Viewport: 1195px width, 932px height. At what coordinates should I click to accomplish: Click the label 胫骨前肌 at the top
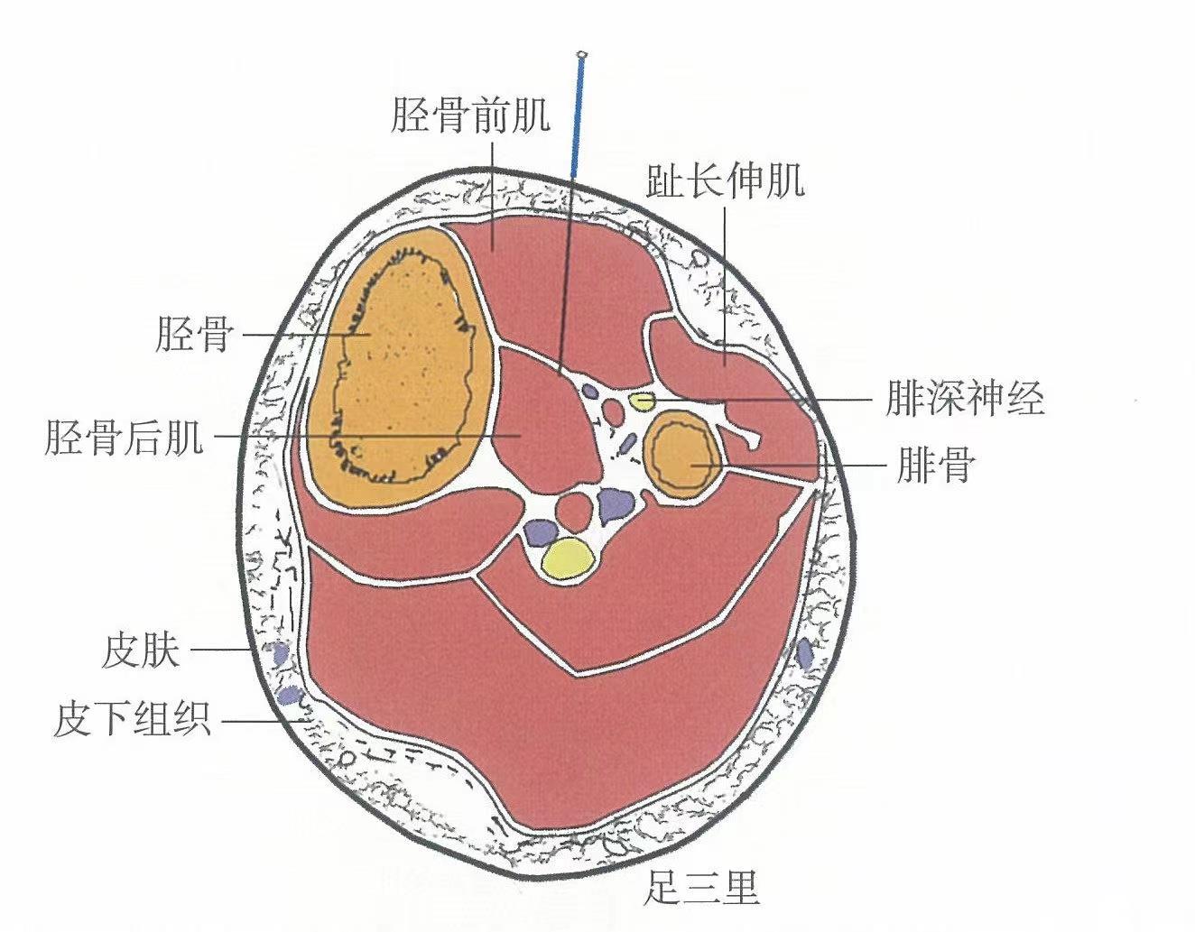(469, 115)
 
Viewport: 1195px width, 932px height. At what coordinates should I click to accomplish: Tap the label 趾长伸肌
(725, 181)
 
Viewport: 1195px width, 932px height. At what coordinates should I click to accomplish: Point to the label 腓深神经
(964, 399)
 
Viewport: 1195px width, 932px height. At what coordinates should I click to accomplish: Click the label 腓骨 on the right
(936, 466)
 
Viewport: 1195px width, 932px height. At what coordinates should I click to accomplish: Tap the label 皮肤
(141, 650)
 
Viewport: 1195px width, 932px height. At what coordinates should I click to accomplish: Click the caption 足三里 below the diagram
(701, 886)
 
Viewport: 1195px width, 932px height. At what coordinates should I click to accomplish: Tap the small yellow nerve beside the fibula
(642, 401)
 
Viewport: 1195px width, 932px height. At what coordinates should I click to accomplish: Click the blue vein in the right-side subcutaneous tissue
(803, 654)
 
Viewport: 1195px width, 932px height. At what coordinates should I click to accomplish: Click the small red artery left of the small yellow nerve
(613, 413)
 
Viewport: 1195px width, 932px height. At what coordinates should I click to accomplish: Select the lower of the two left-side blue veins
(290, 695)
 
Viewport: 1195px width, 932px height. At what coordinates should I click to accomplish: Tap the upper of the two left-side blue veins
(279, 652)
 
